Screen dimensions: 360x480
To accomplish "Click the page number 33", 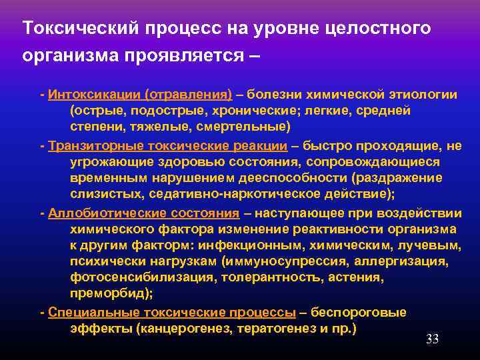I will point(432,339).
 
